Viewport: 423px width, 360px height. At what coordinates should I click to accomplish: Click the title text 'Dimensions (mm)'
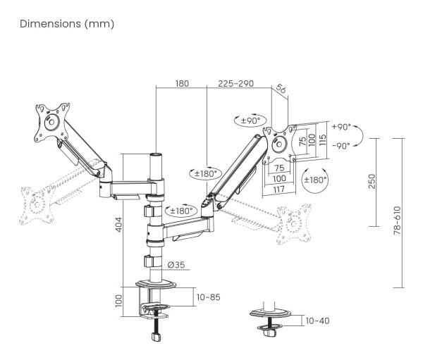[67, 24]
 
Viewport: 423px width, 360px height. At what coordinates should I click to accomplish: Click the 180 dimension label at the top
[182, 83]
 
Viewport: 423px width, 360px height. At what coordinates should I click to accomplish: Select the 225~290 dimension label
[235, 83]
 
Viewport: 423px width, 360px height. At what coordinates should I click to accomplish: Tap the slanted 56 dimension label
[281, 89]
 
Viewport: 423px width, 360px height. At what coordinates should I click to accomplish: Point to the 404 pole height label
[118, 225]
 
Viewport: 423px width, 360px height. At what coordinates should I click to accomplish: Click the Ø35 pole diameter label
[176, 265]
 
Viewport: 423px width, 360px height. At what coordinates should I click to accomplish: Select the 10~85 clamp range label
[208, 297]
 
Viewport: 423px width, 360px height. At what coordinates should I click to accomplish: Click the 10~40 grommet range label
[317, 321]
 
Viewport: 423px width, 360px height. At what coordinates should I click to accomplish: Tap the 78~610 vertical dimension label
[398, 221]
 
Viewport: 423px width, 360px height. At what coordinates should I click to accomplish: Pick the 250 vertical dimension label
[372, 182]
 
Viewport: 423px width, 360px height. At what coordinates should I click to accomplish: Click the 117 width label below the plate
[278, 190]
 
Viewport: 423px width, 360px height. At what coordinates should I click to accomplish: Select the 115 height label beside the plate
[322, 140]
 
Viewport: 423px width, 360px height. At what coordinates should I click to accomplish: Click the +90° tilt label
[341, 127]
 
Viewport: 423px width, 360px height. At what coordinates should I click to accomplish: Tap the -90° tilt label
[341, 146]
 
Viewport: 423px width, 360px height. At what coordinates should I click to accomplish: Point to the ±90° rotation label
[250, 120]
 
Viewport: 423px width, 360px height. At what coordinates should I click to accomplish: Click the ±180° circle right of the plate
[315, 180]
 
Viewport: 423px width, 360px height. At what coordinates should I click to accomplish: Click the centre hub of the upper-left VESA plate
[51, 122]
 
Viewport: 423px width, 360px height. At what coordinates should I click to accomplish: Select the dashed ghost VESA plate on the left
[37, 205]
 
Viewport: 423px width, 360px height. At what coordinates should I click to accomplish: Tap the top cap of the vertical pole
[156, 155]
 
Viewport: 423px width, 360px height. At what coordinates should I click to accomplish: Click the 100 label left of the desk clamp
[118, 301]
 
